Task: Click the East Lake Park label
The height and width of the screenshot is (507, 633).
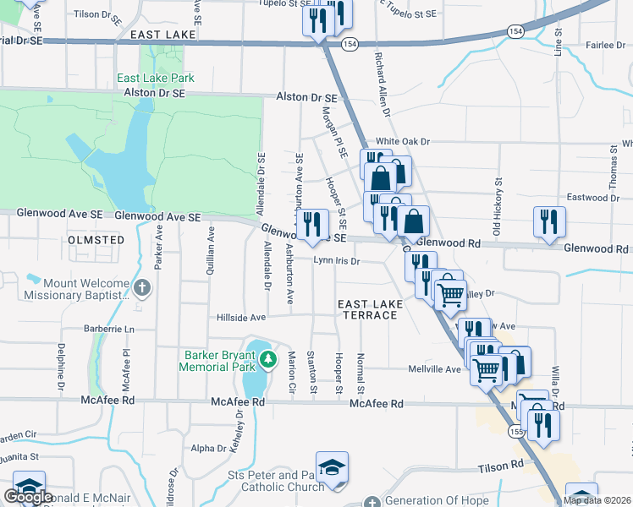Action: pyautogui.click(x=156, y=79)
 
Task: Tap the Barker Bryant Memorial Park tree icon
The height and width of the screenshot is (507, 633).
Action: pyautogui.click(x=268, y=362)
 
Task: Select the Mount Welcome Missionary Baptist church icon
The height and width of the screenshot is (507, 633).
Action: pyautogui.click(x=142, y=288)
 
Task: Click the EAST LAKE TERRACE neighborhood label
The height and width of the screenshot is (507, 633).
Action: pyautogui.click(x=367, y=309)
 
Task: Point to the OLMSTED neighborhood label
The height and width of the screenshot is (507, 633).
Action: pyautogui.click(x=96, y=240)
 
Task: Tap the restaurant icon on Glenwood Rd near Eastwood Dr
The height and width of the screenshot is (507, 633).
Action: pyautogui.click(x=549, y=221)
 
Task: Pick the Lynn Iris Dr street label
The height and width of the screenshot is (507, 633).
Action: pyautogui.click(x=337, y=262)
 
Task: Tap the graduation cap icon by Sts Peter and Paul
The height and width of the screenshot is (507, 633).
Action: pyautogui.click(x=332, y=467)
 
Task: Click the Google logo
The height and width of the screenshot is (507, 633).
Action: pyautogui.click(x=28, y=496)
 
